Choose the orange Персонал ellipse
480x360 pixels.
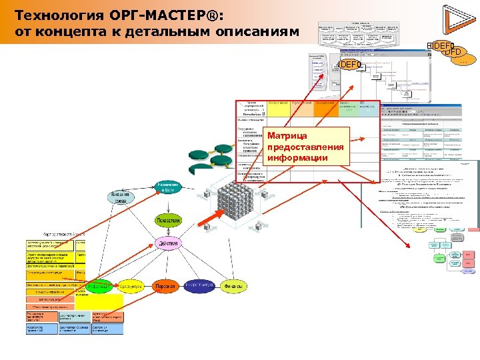[165, 286]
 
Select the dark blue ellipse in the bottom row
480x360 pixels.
[200, 286]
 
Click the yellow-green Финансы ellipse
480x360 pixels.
[235, 286]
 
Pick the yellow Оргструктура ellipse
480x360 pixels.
[131, 286]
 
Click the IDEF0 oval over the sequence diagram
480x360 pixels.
[351, 65]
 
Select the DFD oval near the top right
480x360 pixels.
[453, 51]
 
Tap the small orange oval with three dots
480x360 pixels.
[464, 62]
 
